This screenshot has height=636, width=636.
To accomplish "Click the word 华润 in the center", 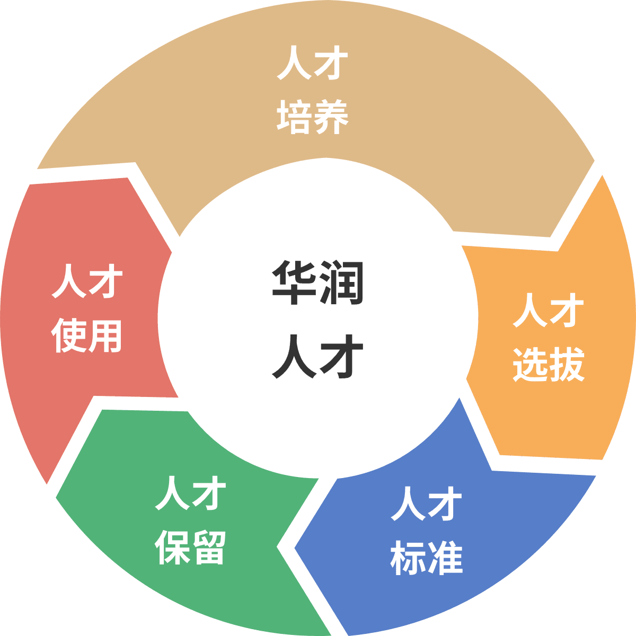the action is (317, 283).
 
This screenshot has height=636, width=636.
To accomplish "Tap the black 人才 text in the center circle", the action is (317, 357).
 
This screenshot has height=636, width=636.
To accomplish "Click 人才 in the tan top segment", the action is (313, 63).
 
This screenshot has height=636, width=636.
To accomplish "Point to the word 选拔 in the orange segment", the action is (549, 364).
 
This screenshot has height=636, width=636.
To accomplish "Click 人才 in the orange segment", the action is (549, 310).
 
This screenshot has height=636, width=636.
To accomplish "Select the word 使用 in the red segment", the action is (87, 335).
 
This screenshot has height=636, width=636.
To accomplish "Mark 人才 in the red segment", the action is (87, 281).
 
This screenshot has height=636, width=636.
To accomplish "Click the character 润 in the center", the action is (342, 283).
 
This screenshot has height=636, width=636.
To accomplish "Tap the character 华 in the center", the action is (294, 283).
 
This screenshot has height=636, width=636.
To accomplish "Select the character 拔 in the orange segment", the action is (567, 364).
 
